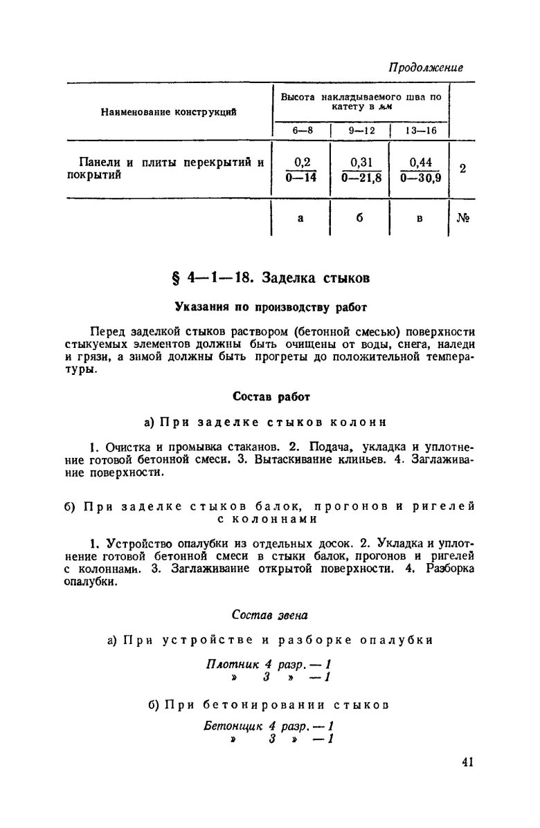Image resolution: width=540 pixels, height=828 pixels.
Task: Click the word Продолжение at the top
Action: [x=425, y=68]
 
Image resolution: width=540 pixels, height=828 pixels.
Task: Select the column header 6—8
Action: [x=300, y=129]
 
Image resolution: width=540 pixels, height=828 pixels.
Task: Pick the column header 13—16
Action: [x=420, y=129]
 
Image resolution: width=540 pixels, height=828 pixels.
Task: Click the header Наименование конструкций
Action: [x=169, y=111]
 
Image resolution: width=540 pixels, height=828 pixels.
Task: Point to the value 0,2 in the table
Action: [x=301, y=163]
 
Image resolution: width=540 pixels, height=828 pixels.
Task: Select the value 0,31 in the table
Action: [x=361, y=163]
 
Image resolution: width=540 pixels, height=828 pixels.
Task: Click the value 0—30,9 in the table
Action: [x=420, y=177]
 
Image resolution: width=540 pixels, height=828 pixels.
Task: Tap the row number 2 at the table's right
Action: [x=462, y=169]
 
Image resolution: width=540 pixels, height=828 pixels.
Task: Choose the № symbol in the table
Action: [x=463, y=219]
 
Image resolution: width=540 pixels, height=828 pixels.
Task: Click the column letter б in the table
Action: [x=361, y=219]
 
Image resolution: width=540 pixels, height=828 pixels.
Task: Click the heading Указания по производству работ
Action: [x=269, y=305]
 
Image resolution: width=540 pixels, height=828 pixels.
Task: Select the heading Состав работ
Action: [x=270, y=397]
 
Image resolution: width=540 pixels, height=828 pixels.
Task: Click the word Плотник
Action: [x=229, y=665]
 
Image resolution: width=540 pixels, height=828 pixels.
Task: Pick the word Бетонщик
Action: [x=231, y=728]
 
